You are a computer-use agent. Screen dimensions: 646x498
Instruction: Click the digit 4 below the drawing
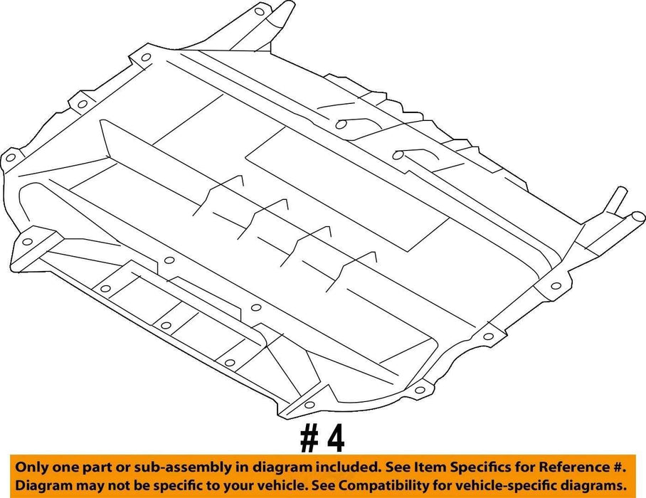pyautogui.click(x=336, y=440)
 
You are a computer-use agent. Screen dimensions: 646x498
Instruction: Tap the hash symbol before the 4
pyautogui.click(x=309, y=440)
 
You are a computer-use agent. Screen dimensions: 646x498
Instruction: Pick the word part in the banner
pyautogui.click(x=99, y=468)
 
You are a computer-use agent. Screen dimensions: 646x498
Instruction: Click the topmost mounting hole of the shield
pyautogui.click(x=259, y=11)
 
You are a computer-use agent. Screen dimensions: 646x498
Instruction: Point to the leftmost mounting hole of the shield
pyautogui.click(x=10, y=157)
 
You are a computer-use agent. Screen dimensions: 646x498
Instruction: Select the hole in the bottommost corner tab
pyautogui.click(x=309, y=405)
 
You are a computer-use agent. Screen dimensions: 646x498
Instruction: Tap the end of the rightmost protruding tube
pyautogui.click(x=640, y=217)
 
